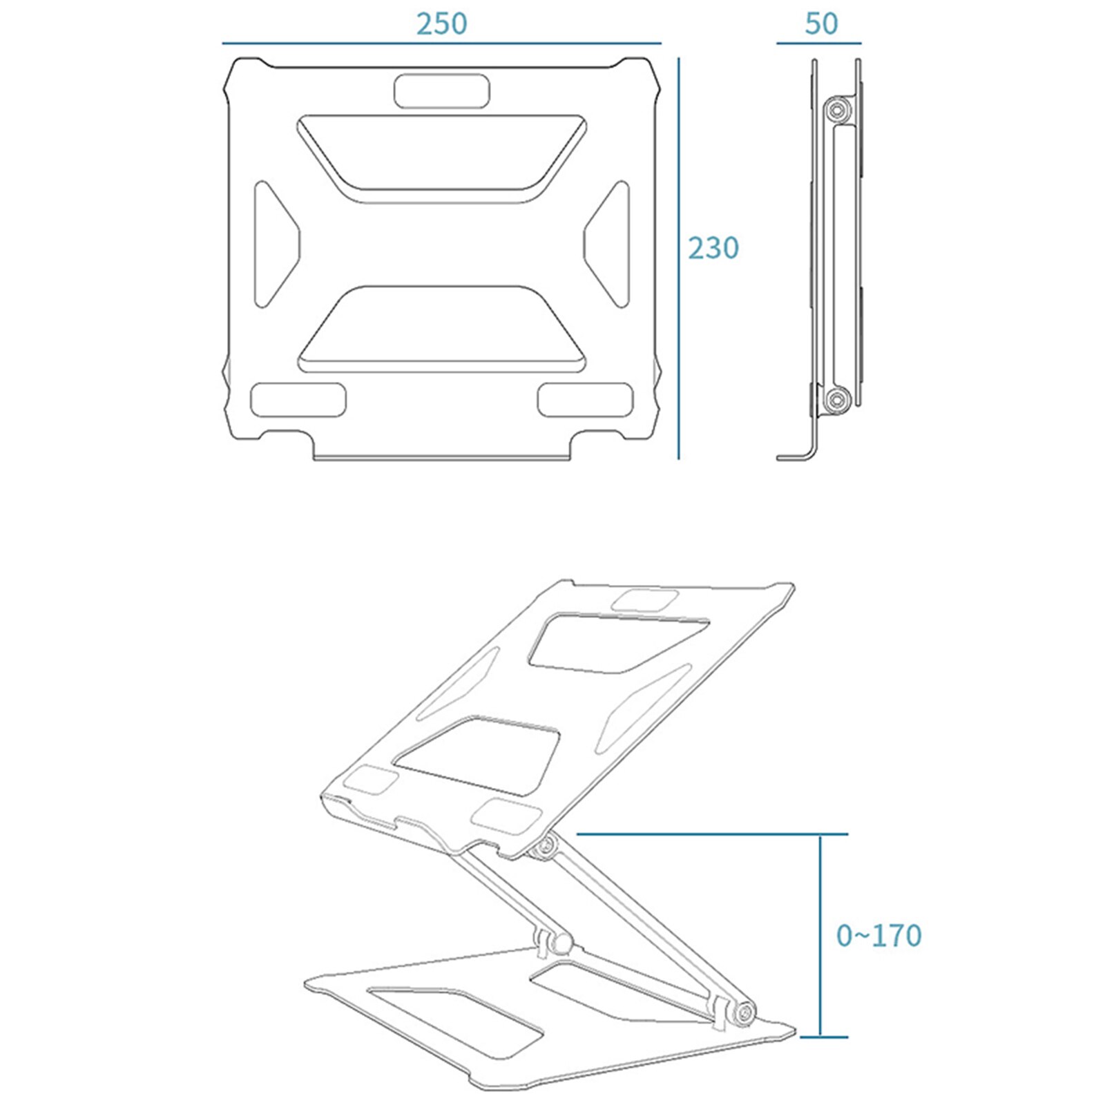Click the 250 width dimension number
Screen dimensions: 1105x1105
pos(441,24)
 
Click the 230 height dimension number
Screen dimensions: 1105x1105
pos(713,248)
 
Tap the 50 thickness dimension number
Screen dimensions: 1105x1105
pos(820,24)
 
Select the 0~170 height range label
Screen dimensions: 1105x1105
pos(878,936)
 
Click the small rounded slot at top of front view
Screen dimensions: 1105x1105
pos(442,92)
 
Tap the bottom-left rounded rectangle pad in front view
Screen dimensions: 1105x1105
pos(298,401)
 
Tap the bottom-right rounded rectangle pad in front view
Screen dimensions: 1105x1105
pos(585,401)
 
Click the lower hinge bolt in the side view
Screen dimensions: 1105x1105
pos(838,398)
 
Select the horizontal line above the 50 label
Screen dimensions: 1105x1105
pos(818,43)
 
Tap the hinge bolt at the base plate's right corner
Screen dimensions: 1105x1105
pos(745,1014)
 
